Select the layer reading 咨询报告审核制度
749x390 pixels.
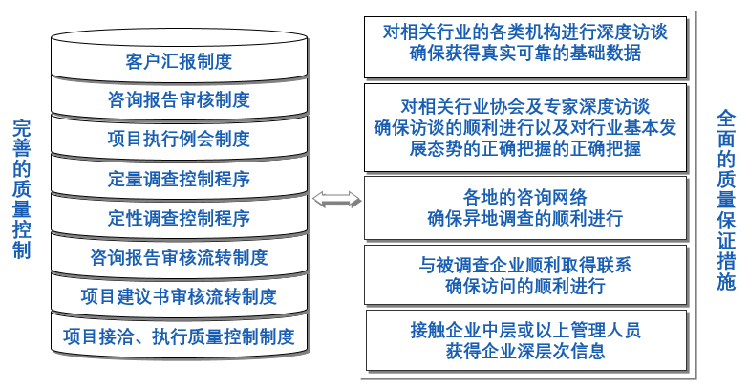point(179,98)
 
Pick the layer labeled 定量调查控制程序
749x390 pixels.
point(179,179)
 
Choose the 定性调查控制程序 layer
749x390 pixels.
point(179,218)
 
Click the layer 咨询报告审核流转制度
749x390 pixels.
point(179,257)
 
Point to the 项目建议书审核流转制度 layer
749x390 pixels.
point(179,296)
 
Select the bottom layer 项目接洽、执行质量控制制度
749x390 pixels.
point(179,336)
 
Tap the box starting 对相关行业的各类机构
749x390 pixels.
point(525,43)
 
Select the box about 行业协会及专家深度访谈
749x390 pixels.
point(525,126)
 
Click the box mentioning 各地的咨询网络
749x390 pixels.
point(525,207)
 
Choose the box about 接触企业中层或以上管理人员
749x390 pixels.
point(525,340)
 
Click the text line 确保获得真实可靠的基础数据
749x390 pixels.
point(525,54)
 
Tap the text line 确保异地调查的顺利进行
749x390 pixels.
point(525,218)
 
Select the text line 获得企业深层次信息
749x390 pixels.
point(525,351)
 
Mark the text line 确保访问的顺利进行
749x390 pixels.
point(525,285)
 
